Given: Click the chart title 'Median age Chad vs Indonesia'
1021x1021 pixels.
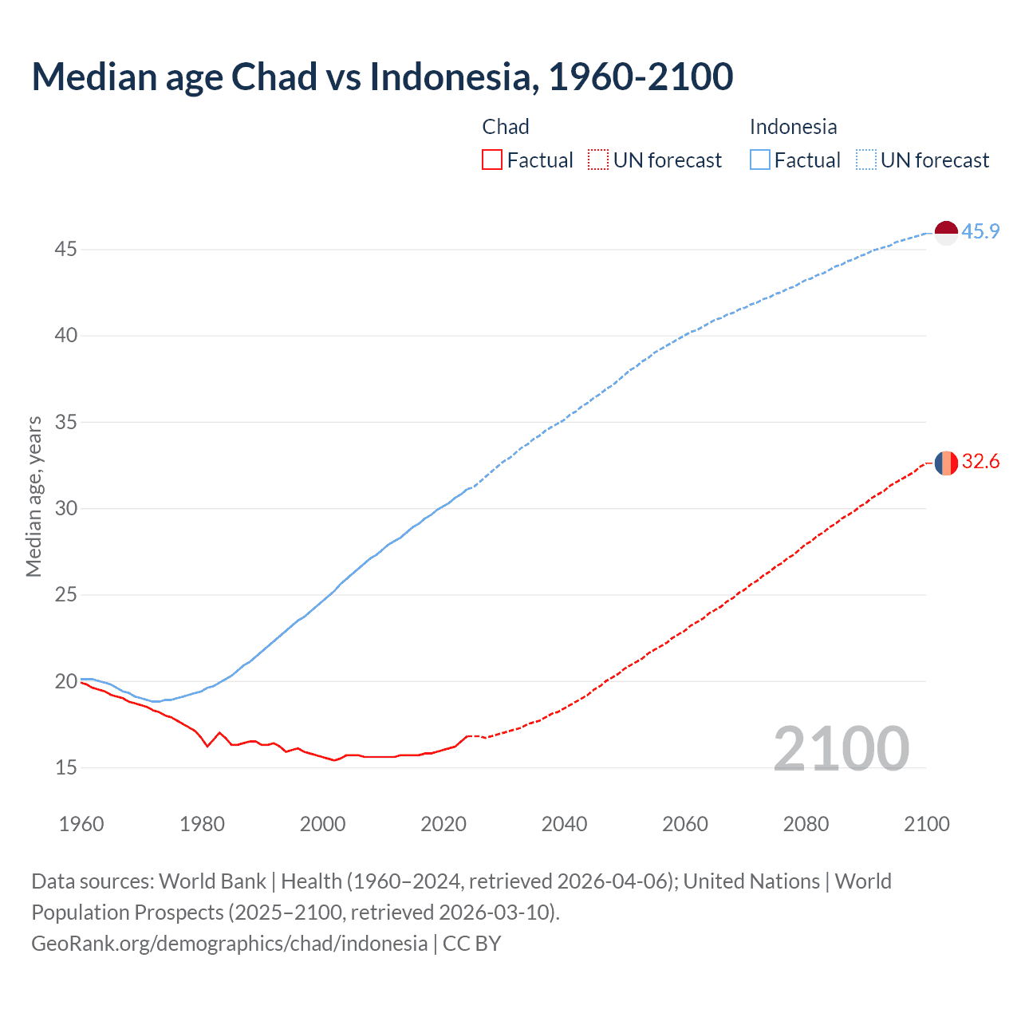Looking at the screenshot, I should click(x=382, y=77).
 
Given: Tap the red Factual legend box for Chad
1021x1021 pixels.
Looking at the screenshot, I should click(x=492, y=160).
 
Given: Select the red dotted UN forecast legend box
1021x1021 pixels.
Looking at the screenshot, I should click(x=598, y=160).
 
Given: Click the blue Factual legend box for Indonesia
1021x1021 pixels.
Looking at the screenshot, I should click(x=760, y=160).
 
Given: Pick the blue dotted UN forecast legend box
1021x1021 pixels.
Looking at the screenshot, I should click(x=866, y=160).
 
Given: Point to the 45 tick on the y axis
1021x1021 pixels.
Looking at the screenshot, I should click(x=65, y=250).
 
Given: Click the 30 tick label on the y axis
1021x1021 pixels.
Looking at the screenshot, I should click(x=65, y=508).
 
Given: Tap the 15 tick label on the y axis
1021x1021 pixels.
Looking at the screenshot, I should click(x=65, y=767).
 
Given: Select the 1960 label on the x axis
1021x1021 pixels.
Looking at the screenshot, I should click(x=81, y=824).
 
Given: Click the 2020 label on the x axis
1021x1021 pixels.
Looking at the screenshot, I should click(x=443, y=824).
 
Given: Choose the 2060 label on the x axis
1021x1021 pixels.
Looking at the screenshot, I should click(x=685, y=824).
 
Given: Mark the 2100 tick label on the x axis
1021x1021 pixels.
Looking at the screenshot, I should click(x=927, y=824).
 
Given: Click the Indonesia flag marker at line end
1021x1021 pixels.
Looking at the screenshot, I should click(x=946, y=233).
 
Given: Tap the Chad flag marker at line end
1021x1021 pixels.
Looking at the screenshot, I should click(x=946, y=463).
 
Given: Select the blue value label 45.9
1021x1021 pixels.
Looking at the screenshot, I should click(x=980, y=232).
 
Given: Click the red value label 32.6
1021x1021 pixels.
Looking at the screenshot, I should click(x=980, y=462).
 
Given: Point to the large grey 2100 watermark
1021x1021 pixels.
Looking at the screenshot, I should click(x=841, y=748).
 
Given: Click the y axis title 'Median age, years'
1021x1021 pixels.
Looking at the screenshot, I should click(x=34, y=496).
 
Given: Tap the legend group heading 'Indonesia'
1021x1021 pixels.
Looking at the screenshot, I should click(x=793, y=127).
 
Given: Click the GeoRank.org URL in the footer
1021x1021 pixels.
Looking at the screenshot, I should click(x=230, y=944).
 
